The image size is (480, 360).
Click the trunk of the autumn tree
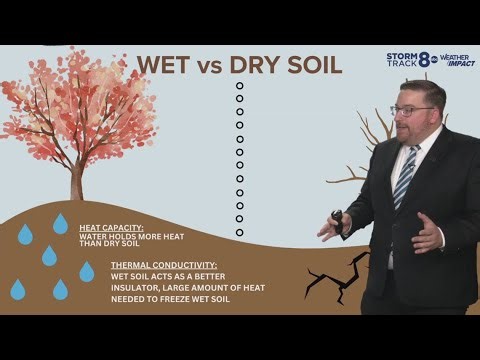77,181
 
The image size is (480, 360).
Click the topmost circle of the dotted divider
239,86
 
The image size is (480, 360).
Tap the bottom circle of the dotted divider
239,232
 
